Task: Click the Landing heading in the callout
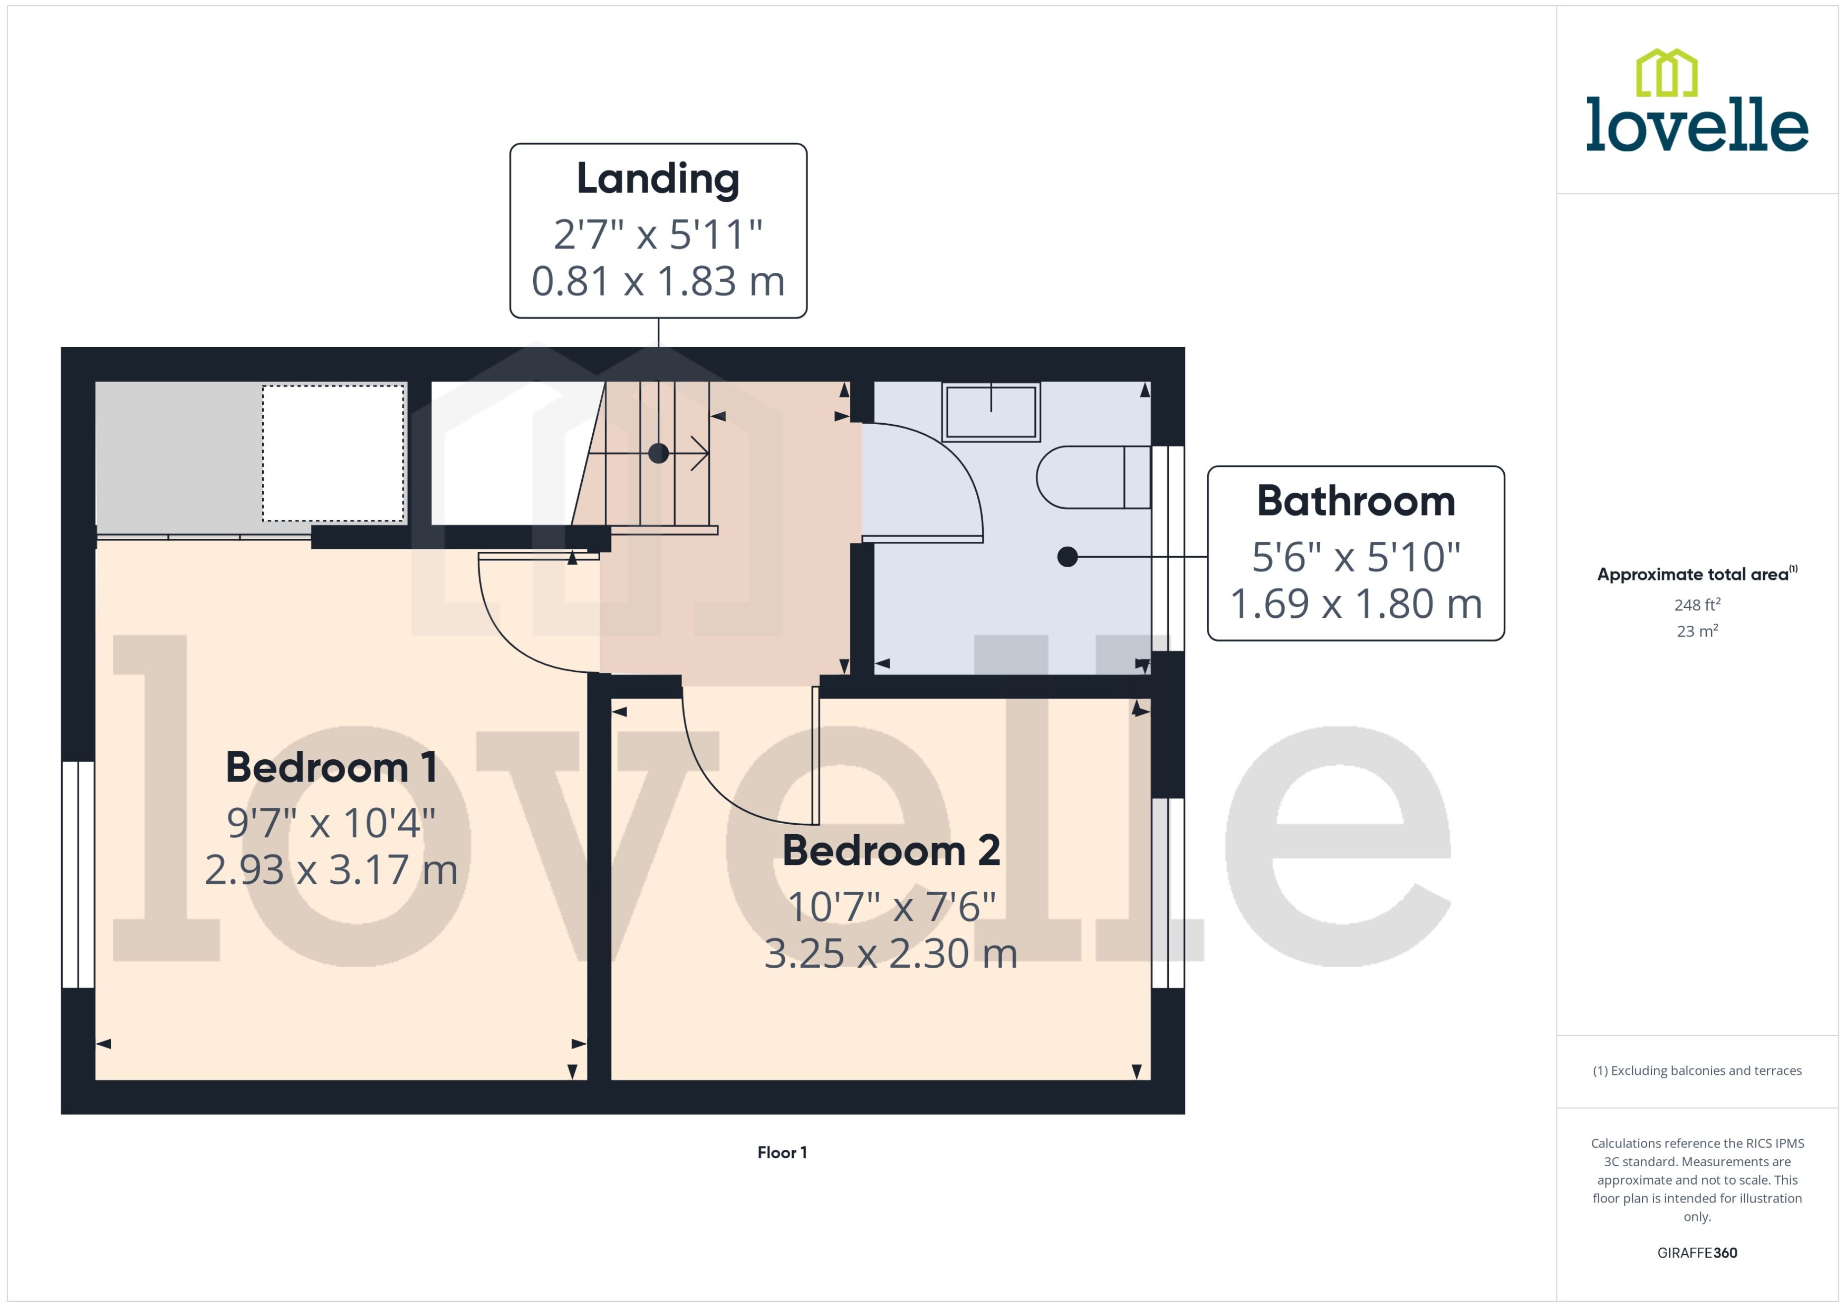(x=657, y=179)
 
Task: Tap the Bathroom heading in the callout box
(x=1355, y=501)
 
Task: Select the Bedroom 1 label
(x=331, y=767)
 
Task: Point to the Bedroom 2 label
(x=891, y=851)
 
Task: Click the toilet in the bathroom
(x=1092, y=477)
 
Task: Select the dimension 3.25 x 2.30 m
(x=891, y=953)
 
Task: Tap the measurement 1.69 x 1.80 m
(x=1355, y=604)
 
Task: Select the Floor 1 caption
(x=782, y=1152)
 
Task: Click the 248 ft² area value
(x=1696, y=604)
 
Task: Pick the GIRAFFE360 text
(x=1696, y=1253)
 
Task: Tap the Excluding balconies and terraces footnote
(x=1696, y=1071)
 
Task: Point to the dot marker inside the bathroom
(x=1068, y=556)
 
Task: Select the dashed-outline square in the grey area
(x=333, y=453)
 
